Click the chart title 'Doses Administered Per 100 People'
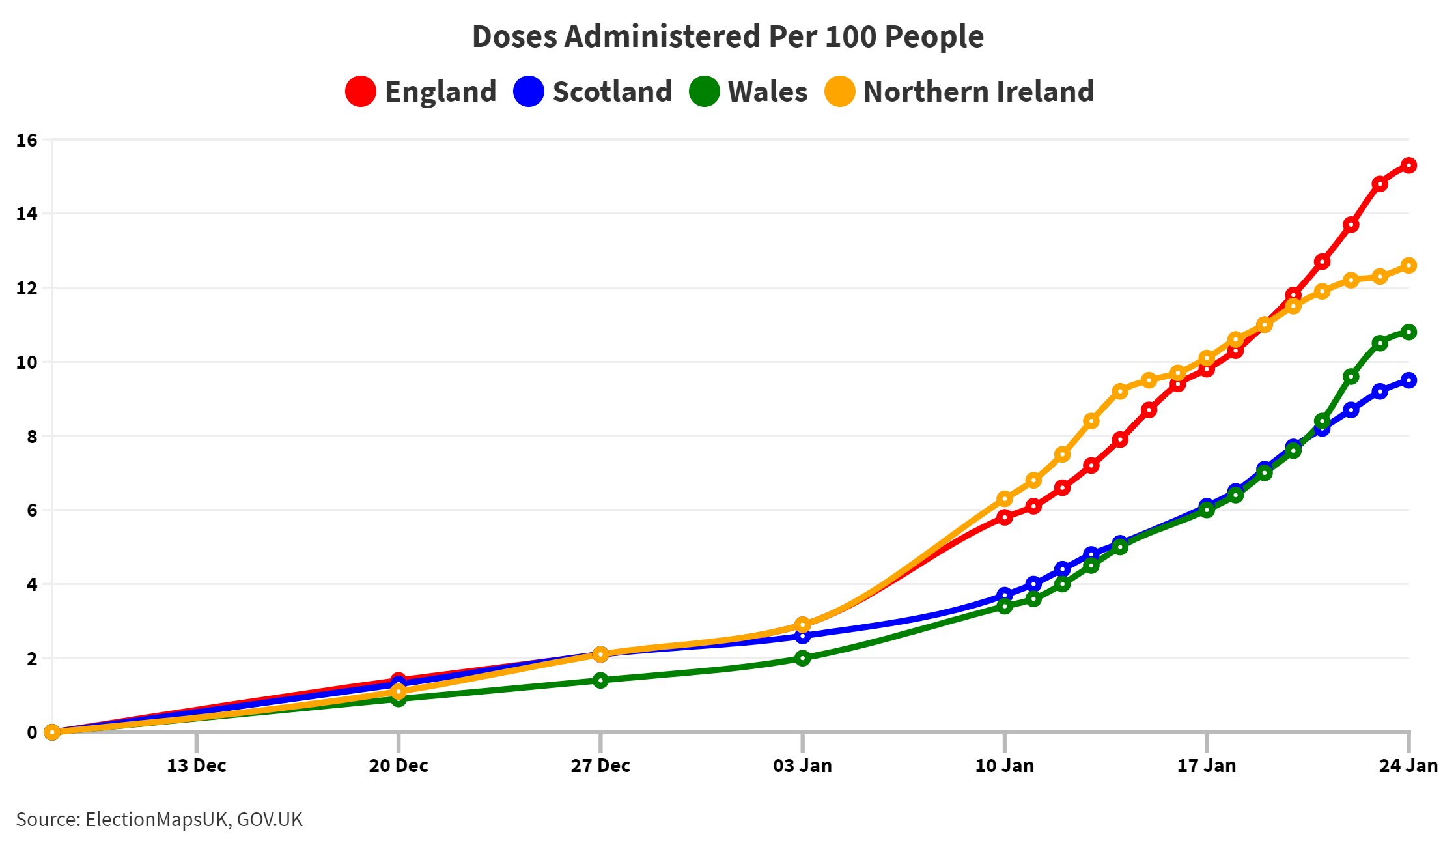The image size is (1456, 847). [727, 36]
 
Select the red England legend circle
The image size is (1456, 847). [360, 91]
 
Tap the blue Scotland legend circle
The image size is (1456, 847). [528, 91]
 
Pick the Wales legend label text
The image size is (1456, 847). [767, 92]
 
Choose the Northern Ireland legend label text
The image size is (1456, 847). [978, 92]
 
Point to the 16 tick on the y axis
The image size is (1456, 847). [27, 140]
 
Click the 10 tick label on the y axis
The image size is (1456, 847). [27, 362]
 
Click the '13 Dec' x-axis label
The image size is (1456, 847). [196, 766]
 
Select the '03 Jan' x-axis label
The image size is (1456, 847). [802, 766]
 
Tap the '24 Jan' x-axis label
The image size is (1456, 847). [1408, 766]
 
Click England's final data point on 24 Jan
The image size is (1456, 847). [1408, 165]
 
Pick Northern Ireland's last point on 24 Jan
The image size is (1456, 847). [1408, 266]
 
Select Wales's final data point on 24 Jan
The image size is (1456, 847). [1408, 332]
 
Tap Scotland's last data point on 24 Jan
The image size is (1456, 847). [1408, 380]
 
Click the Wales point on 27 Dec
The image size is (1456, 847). [600, 680]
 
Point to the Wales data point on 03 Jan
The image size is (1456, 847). [802, 658]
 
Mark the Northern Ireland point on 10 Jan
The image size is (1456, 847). [1005, 499]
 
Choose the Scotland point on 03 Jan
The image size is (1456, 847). [802, 637]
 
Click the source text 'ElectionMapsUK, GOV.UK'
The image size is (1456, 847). [193, 820]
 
